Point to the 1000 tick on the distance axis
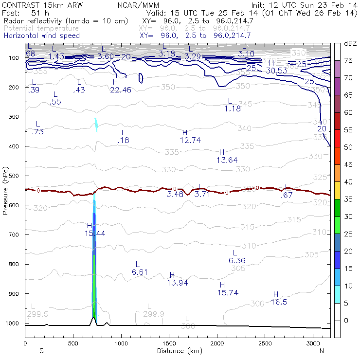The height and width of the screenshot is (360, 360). pyautogui.click(x=121, y=343)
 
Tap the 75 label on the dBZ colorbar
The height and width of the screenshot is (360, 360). pyautogui.click(x=349, y=60)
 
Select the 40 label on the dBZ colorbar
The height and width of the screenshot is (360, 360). pyautogui.click(x=349, y=182)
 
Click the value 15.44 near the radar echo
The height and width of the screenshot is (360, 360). pyautogui.click(x=95, y=234)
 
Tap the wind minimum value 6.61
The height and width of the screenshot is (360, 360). pyautogui.click(x=140, y=272)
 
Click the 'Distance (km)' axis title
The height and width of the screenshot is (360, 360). pyautogui.click(x=178, y=351)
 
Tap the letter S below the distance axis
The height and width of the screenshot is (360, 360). pyautogui.click(x=41, y=351)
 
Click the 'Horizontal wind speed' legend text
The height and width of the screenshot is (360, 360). pyautogui.click(x=42, y=36)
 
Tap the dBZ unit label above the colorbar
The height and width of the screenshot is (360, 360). pyautogui.click(x=350, y=43)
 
